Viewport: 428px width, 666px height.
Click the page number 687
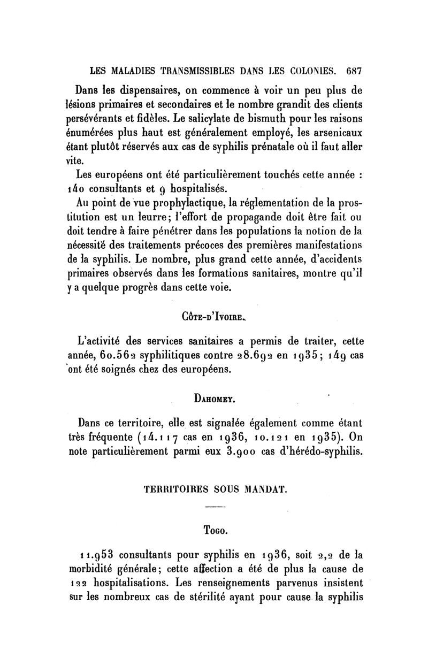[355, 69]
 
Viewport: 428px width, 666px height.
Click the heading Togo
[214, 530]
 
